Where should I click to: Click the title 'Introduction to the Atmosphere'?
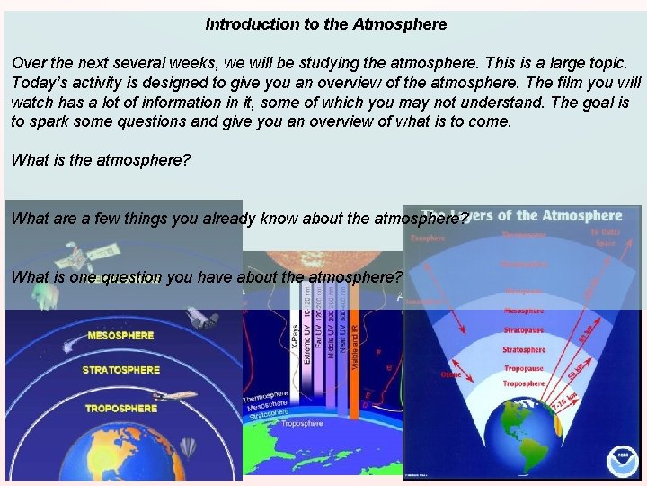pyautogui.click(x=325, y=24)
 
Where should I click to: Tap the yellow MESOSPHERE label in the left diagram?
pyautogui.click(x=120, y=335)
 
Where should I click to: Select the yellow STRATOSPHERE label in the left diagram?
pyautogui.click(x=120, y=370)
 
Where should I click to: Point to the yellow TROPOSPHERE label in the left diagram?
pyautogui.click(x=120, y=409)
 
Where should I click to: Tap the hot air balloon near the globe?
pyautogui.click(x=187, y=447)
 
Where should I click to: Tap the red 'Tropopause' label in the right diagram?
pyautogui.click(x=523, y=368)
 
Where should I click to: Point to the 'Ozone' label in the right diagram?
pyautogui.click(x=451, y=373)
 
